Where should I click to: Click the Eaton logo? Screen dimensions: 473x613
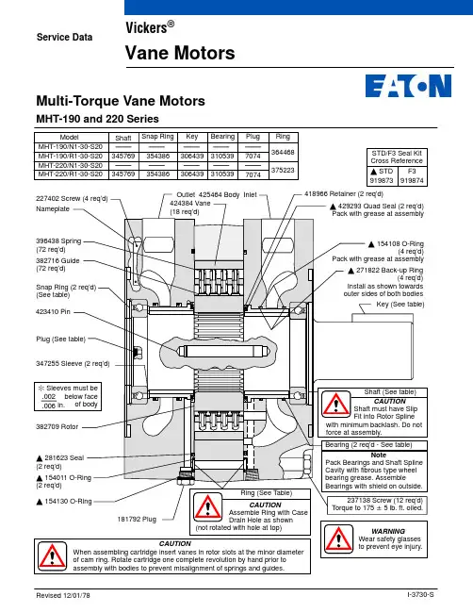[x=408, y=86]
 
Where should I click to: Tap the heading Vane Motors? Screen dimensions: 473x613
[x=180, y=53]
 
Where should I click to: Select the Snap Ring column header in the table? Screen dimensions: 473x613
[x=157, y=137]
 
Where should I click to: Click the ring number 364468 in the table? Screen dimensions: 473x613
[x=283, y=152]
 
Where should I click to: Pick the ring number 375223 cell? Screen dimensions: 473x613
[x=283, y=170]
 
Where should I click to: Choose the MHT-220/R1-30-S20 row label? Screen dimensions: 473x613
[x=71, y=174]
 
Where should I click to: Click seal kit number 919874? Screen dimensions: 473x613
[x=412, y=181]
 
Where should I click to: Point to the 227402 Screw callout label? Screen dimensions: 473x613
[x=72, y=199]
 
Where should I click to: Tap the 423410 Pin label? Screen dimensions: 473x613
[x=53, y=312]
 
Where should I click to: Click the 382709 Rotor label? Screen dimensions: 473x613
[x=57, y=427]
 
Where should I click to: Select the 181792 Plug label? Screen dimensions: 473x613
[x=137, y=520]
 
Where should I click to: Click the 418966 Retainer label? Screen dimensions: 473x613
[x=344, y=194]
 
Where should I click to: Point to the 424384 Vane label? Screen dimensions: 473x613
[x=190, y=204]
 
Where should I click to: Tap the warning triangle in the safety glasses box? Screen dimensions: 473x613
[x=338, y=538]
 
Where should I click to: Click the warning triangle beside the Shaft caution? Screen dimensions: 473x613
[x=335, y=405]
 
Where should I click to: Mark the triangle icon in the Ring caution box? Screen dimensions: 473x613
[x=208, y=507]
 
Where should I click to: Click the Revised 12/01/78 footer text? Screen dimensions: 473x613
[x=63, y=595]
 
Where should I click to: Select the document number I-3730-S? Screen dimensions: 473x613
[x=420, y=595]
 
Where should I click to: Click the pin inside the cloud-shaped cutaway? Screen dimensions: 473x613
[x=220, y=351]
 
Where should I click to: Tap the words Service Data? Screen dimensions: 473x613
[x=64, y=37]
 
